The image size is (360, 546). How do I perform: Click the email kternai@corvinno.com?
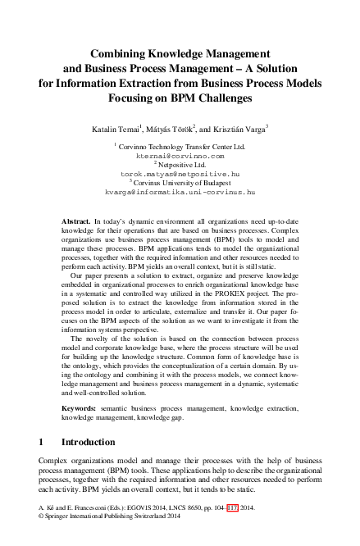180,154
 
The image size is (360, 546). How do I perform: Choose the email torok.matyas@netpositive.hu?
180,175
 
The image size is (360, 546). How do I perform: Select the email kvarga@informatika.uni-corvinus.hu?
180,195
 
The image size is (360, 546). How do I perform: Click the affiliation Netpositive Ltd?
182,165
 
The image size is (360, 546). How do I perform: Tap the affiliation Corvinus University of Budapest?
182,185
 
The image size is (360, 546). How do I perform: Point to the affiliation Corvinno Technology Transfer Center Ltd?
182,144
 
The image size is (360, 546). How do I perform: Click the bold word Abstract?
75,222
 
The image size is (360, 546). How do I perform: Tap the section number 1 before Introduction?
42,442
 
